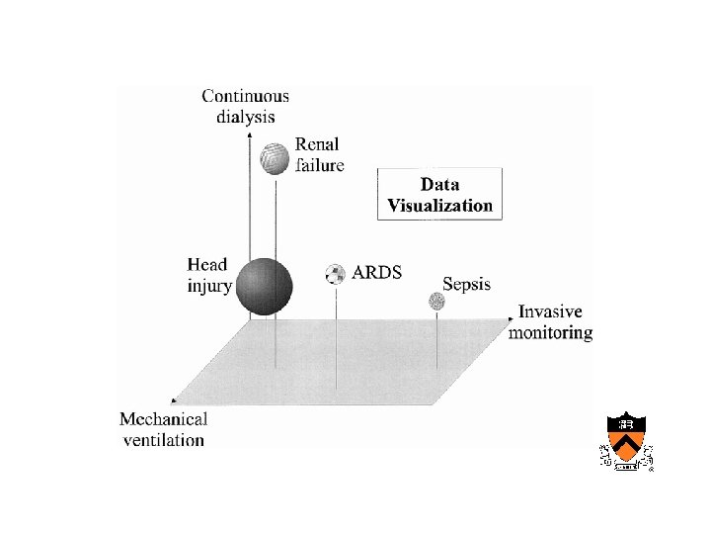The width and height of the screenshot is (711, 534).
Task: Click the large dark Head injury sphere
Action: tap(265, 286)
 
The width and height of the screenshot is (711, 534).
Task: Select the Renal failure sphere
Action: tap(276, 157)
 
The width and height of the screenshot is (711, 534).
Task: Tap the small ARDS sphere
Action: tap(336, 274)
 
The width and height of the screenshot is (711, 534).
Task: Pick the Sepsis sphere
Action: tap(436, 301)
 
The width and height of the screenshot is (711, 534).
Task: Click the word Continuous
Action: tap(246, 96)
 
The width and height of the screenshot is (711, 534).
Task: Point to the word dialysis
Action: tap(245, 116)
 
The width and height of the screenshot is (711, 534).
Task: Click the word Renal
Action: tap(317, 145)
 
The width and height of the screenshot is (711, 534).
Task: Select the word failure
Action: tap(319, 165)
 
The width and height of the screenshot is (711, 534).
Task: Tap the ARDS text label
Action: tap(377, 272)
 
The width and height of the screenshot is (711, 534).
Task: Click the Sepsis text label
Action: tap(466, 285)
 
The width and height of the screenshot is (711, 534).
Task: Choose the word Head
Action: tap(207, 264)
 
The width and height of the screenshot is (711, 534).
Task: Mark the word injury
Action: tap(209, 286)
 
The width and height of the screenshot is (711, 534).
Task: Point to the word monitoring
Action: tap(550, 332)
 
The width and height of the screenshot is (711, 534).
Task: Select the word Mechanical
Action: tap(164, 420)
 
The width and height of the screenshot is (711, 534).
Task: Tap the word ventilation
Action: tap(164, 440)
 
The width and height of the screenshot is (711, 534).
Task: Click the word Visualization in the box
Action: tap(439, 206)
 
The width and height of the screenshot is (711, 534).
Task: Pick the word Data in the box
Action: tap(439, 185)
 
